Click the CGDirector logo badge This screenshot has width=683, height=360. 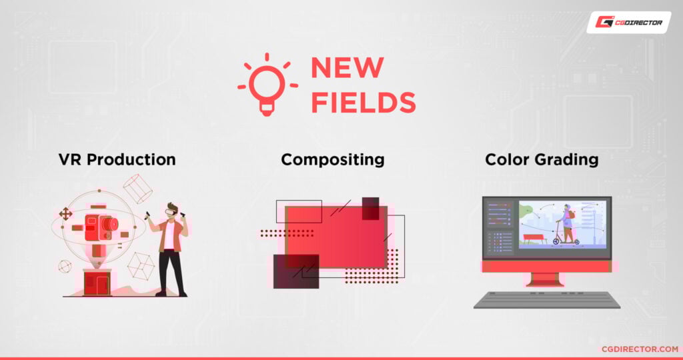pyautogui.click(x=628, y=22)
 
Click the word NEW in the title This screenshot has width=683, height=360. pyautogui.click(x=347, y=68)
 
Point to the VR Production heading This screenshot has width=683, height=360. pyautogui.click(x=117, y=160)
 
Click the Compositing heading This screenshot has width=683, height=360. pyautogui.click(x=332, y=160)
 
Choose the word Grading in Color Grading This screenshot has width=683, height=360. pyautogui.click(x=570, y=160)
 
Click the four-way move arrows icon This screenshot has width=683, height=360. pyautogui.click(x=65, y=214)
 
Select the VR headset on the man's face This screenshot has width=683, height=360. pyautogui.click(x=171, y=211)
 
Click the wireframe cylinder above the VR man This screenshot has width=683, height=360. pyautogui.click(x=137, y=188)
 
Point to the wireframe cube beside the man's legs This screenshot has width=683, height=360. pyautogui.click(x=141, y=266)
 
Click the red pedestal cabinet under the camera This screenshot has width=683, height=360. pyautogui.click(x=97, y=283)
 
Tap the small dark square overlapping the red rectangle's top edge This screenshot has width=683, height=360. pyautogui.click(x=371, y=208)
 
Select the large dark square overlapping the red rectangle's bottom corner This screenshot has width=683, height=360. pyautogui.click(x=296, y=271)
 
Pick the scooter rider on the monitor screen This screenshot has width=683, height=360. pyautogui.click(x=566, y=224)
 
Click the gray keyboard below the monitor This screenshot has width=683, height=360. pyautogui.click(x=546, y=300)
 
